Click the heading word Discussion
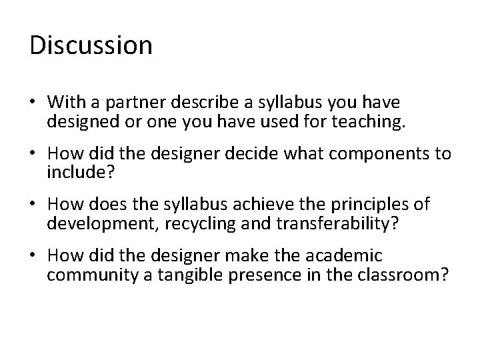pos(91,45)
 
